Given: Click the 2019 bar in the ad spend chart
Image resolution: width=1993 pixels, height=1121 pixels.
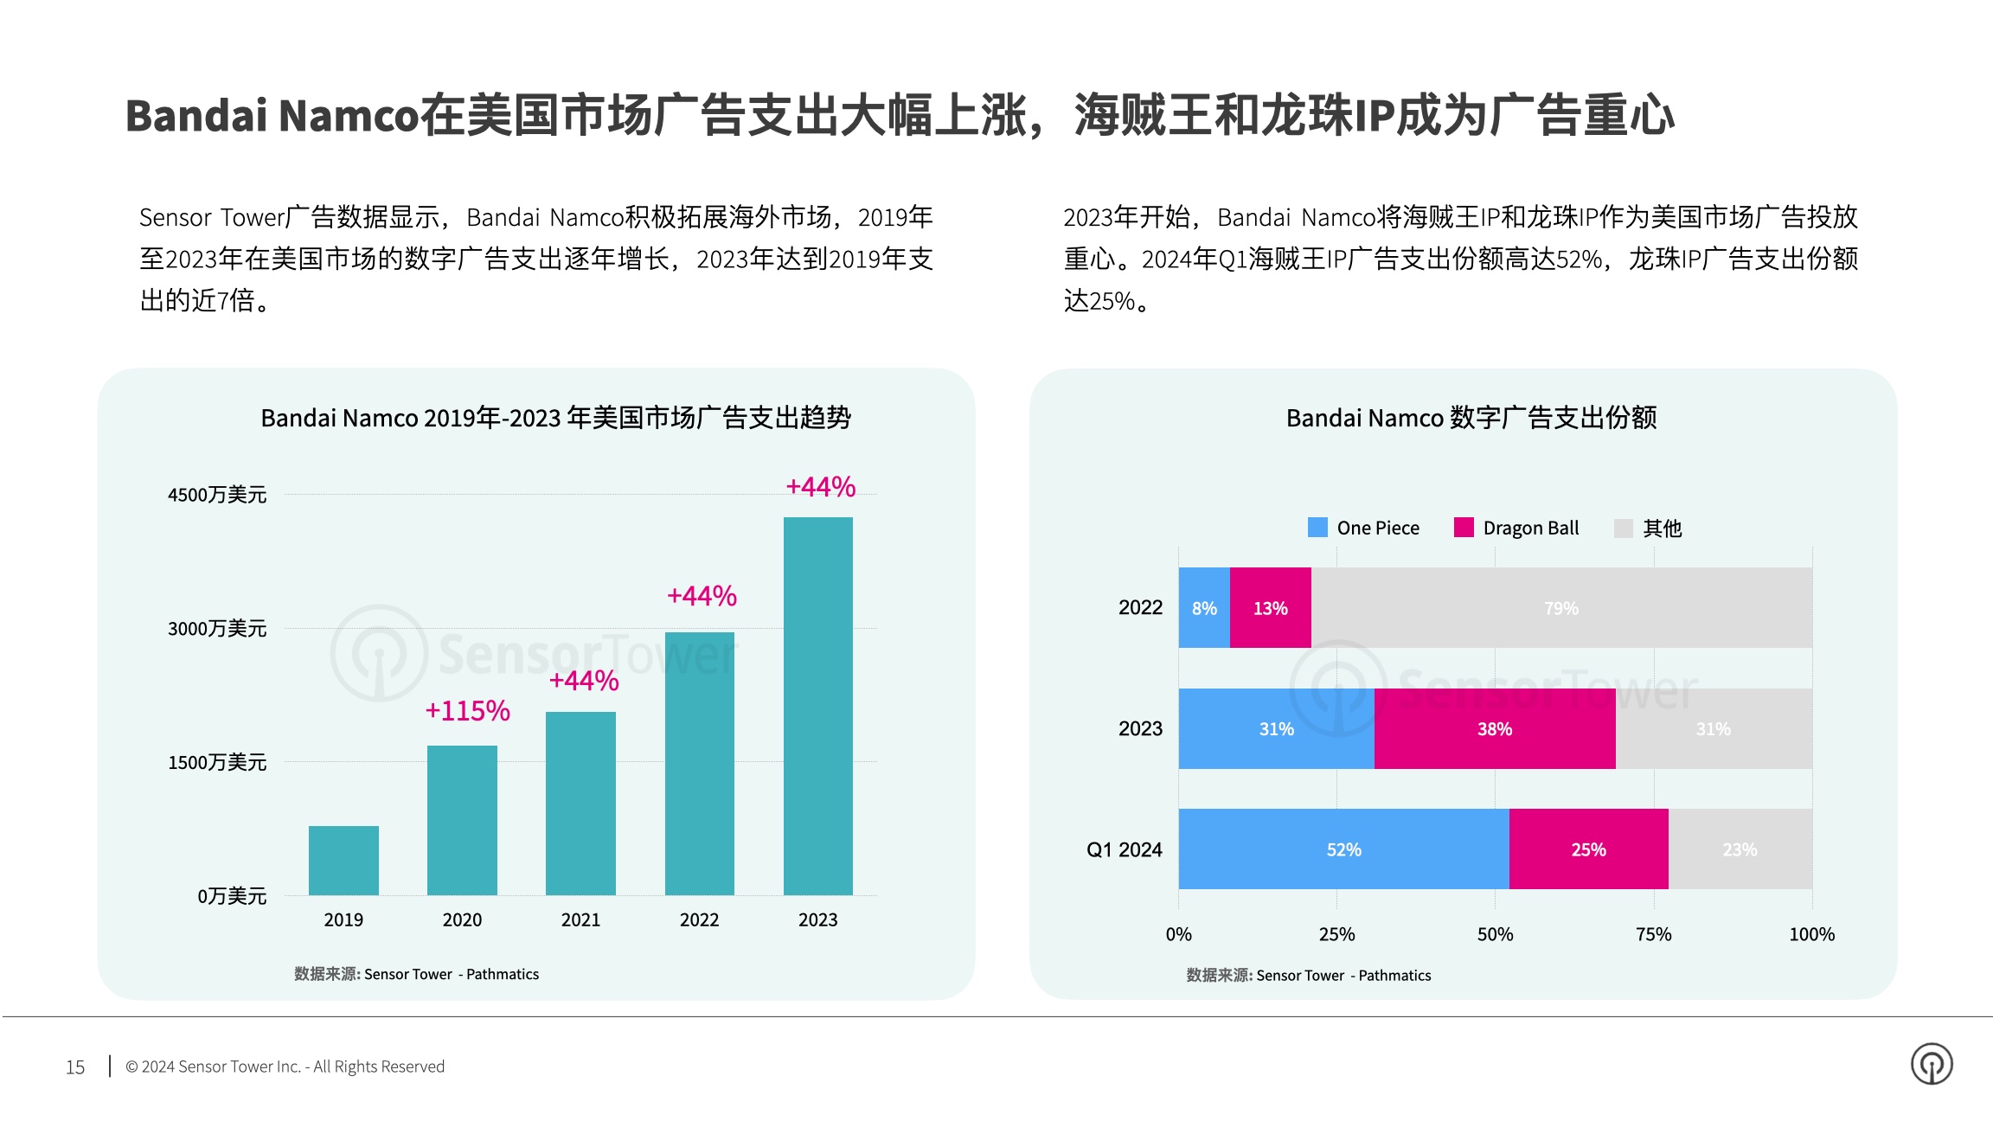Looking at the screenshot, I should (343, 860).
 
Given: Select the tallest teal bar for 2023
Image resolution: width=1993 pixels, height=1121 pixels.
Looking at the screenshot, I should (817, 706).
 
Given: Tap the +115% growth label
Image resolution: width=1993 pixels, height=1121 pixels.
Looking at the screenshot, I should (467, 711).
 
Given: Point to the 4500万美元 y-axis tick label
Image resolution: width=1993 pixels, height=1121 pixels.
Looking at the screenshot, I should (217, 495).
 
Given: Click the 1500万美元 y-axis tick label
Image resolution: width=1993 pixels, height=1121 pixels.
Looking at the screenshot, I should (217, 762).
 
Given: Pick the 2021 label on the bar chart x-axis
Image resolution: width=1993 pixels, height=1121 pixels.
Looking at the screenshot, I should (580, 919).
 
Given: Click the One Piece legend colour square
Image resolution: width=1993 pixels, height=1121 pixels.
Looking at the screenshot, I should (1317, 528).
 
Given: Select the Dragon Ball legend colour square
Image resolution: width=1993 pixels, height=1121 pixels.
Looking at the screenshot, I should (1464, 528).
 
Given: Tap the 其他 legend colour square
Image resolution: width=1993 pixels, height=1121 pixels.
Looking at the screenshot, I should (1623, 528).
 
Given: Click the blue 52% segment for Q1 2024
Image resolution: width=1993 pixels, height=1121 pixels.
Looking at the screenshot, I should (1343, 849).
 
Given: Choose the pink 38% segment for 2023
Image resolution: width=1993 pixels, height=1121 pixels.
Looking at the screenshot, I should (1494, 729).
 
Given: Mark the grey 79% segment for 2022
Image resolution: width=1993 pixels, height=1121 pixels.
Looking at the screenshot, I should (1561, 608).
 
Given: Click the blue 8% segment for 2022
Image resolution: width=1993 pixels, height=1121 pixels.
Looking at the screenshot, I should (1204, 608).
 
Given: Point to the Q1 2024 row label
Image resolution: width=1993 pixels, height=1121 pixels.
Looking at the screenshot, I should (1124, 849).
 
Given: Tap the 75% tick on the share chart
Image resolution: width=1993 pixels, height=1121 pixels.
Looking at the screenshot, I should (1653, 934).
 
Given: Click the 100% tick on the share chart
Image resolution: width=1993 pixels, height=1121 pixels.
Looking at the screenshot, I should (1811, 934).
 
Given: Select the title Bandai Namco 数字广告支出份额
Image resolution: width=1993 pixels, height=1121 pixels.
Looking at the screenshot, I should (1471, 418).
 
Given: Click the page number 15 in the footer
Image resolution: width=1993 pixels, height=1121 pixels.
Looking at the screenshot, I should (75, 1067).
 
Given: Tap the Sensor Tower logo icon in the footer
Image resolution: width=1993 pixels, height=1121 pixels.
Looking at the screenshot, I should (1932, 1064).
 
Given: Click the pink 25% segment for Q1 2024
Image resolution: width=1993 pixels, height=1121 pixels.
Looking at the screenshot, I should (1588, 849).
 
